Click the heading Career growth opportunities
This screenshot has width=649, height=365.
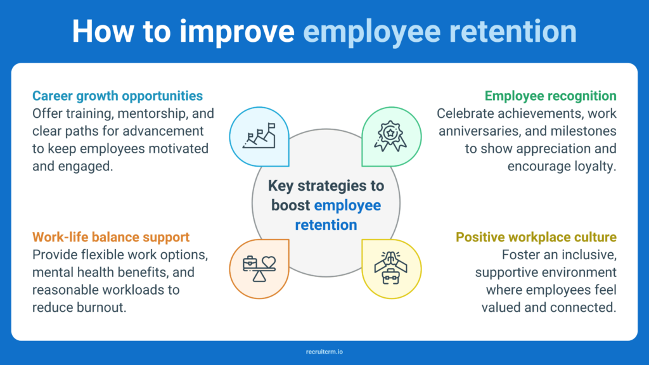click(x=117, y=96)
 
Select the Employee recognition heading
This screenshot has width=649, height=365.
click(x=550, y=96)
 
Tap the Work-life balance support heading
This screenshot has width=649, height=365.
click(x=111, y=238)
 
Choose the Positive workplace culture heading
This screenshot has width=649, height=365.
click(x=536, y=238)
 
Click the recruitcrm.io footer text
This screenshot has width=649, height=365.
click(x=324, y=350)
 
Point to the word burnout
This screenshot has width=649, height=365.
click(x=99, y=307)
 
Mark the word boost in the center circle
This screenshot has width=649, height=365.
click(x=291, y=205)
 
